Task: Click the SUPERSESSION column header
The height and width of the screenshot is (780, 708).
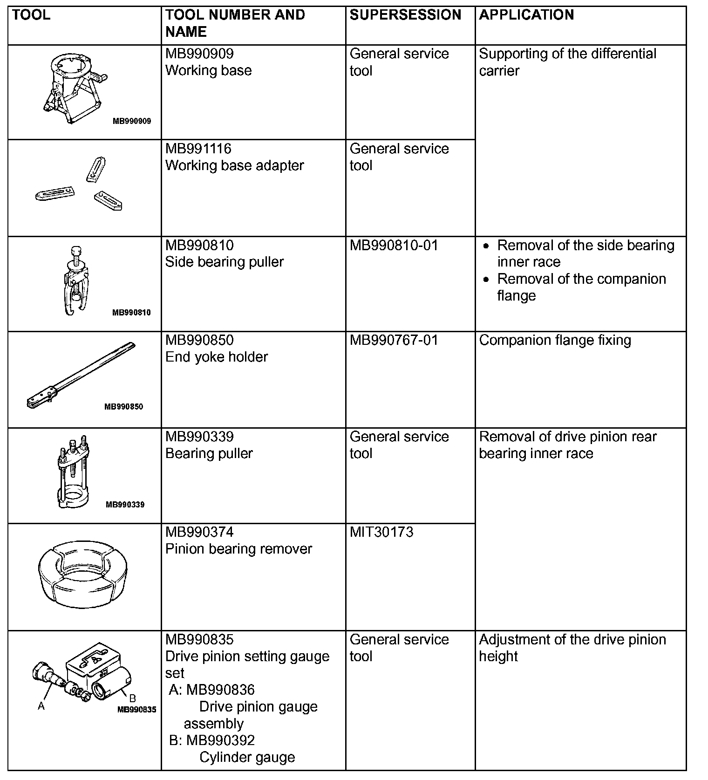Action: click(x=405, y=15)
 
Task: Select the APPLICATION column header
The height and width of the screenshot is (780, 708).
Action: click(x=526, y=15)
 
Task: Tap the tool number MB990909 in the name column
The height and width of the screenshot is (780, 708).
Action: click(x=199, y=54)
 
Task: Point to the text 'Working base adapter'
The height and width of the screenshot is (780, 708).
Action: click(x=234, y=165)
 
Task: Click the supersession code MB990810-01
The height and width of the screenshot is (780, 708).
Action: click(x=394, y=245)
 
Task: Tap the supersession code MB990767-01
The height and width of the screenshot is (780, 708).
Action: click(x=394, y=340)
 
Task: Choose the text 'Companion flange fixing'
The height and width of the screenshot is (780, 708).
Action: click(x=555, y=340)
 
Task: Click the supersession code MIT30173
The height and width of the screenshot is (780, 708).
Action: click(x=381, y=532)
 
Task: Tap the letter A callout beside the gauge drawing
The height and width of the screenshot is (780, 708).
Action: click(x=41, y=706)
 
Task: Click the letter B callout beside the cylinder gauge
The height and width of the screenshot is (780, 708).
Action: click(x=132, y=698)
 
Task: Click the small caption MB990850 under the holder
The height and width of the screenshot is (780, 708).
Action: click(x=123, y=407)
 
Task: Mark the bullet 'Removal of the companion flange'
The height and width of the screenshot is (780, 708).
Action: click(x=581, y=287)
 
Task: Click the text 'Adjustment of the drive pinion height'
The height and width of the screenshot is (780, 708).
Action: click(x=572, y=648)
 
